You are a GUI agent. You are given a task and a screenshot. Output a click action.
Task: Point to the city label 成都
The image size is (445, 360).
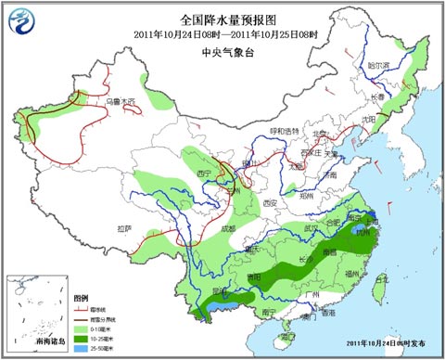click(227, 228)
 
